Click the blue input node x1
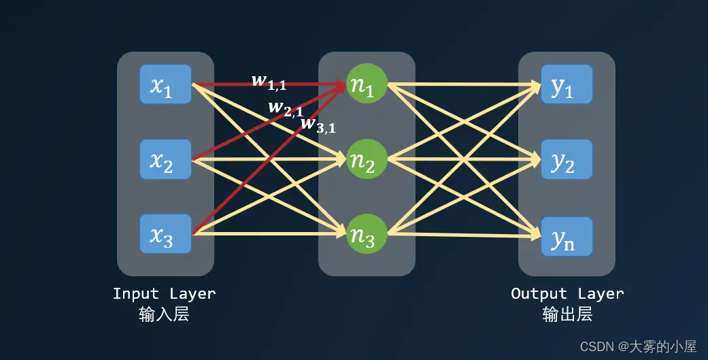coord(165,84)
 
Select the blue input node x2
coord(165,159)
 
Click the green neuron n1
coord(367,84)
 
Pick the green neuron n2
coord(367,159)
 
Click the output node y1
coord(567,84)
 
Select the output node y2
coord(567,159)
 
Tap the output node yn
coord(567,235)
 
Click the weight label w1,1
coord(269,81)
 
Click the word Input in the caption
coord(136,294)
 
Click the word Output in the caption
coord(539,294)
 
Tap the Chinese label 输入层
coord(164,314)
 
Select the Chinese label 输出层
coord(567,314)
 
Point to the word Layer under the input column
coord(193,294)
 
